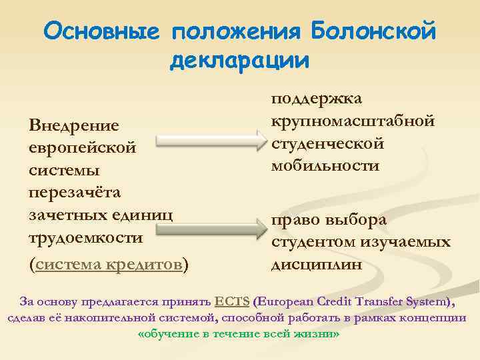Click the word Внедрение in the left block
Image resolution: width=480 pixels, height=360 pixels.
pos(74,125)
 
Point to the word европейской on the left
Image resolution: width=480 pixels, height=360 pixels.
pos(83,147)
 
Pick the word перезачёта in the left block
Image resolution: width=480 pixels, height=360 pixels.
pos(75,192)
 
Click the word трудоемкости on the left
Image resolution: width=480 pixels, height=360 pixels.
pos(85,238)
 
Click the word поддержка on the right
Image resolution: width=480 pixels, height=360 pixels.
pos(316,98)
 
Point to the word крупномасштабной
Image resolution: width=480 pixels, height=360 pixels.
pos(353,121)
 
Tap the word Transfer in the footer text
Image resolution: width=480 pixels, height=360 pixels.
pos(373,301)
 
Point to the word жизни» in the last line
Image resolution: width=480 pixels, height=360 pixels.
pos(319,333)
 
